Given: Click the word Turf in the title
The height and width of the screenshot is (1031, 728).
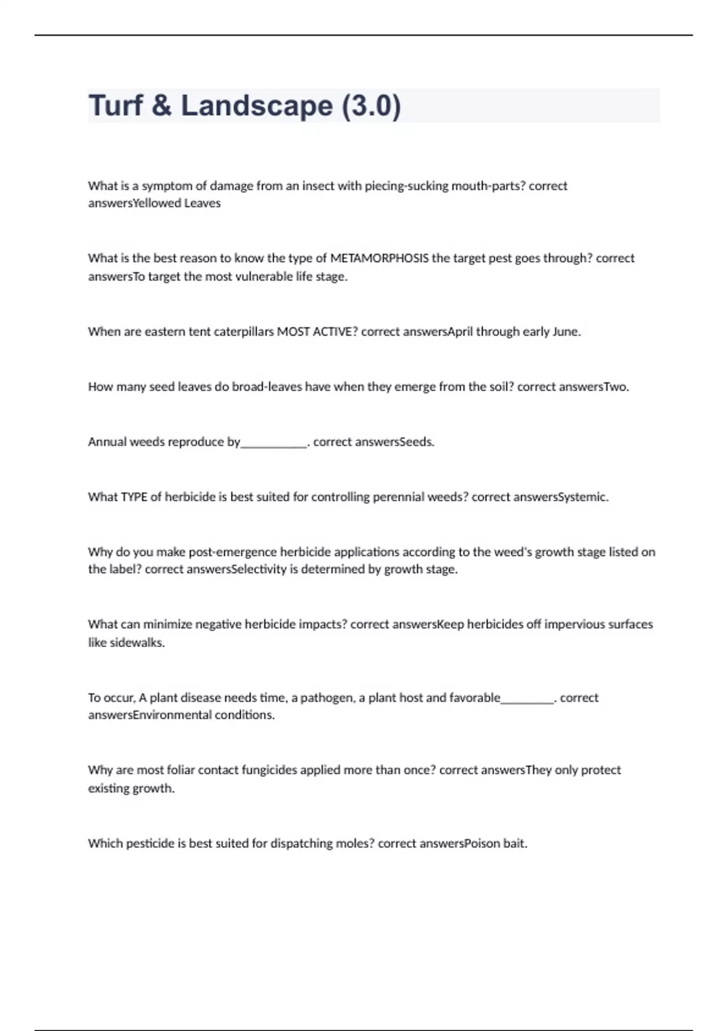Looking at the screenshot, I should coord(116,106).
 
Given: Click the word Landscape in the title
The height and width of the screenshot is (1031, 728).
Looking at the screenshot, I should coord(257,106).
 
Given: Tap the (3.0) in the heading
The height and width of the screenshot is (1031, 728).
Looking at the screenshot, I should coord(371,106).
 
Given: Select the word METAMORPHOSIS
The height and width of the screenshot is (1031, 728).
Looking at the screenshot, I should coord(379,258).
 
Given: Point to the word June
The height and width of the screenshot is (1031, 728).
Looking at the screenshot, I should coord(566,332).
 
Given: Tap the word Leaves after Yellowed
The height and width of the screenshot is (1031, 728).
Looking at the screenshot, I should coord(202,203).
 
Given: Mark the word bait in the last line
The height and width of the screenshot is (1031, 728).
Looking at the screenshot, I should coord(515,844).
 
